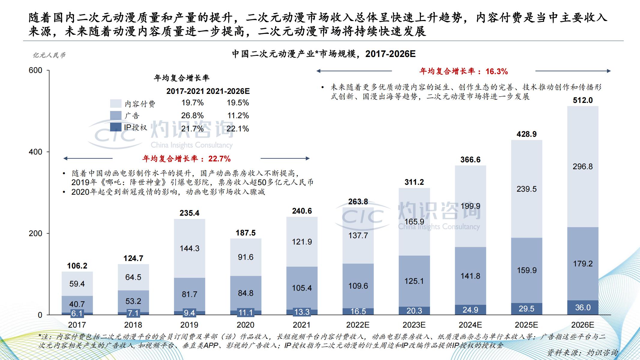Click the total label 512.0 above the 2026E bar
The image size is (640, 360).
coord(583,100)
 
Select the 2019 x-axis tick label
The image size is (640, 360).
coord(189,325)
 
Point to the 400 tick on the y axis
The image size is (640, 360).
coord(35,152)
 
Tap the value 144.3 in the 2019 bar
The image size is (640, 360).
coord(189,248)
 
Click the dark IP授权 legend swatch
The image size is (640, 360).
coord(116,127)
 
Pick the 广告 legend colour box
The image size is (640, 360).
coord(116,115)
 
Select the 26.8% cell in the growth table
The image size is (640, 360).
coord(192,115)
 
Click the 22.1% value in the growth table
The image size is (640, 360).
coord(238,129)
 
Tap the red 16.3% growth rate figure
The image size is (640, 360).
coord(497,71)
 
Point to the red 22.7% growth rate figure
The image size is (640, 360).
coord(219,159)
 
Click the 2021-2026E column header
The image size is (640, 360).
coord(228,91)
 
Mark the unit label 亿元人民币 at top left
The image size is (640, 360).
coord(49,55)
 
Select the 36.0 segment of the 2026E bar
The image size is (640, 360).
coord(583,307)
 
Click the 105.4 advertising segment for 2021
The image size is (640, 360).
coord(302,288)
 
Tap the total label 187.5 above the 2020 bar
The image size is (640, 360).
coord(245,233)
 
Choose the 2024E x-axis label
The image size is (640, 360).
coord(470,325)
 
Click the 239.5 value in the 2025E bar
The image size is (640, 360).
coord(527,189)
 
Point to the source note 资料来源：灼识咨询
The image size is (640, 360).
coord(582,353)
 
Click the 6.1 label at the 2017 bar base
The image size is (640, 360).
coord(77,313)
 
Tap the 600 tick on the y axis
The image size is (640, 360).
coord(35,70)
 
